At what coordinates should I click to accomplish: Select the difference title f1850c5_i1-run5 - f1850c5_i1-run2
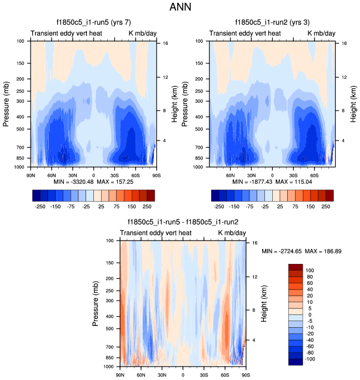[x=183, y=223]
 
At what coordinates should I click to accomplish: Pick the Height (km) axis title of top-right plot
[x=348, y=103]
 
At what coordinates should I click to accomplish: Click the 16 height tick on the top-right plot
[x=344, y=43]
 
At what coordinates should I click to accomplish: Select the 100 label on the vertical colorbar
[x=311, y=270]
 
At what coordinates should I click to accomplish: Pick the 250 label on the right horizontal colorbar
[x=327, y=206]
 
